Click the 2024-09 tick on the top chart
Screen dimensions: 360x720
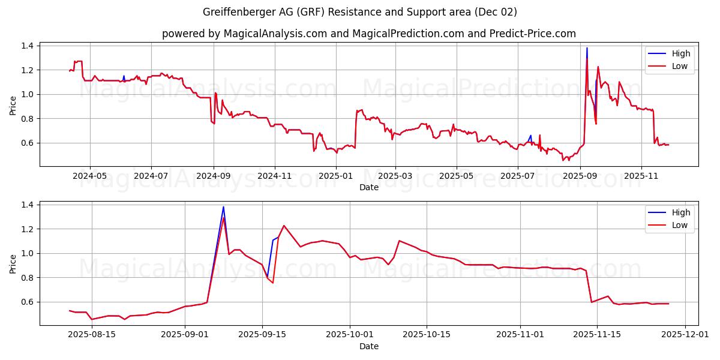pos(214,176)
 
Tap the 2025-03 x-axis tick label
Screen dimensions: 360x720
pos(395,176)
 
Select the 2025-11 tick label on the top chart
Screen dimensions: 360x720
pos(641,176)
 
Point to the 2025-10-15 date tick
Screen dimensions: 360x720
pos(427,335)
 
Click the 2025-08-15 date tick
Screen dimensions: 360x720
pos(92,335)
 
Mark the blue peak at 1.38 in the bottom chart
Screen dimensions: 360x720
pos(223,207)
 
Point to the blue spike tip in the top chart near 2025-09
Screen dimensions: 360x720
pos(587,48)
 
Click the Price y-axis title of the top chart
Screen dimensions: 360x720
pos(13,106)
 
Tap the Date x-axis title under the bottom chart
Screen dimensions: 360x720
pos(368,346)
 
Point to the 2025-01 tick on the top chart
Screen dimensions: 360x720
pos(335,176)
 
